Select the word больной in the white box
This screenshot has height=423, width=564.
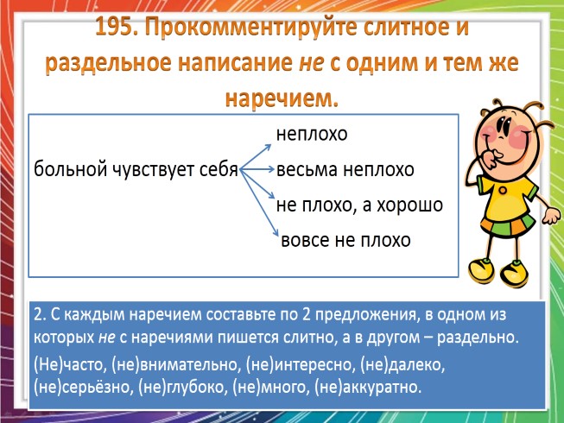point(68,170)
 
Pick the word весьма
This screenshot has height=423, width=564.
point(306,170)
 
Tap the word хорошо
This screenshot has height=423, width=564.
point(410,205)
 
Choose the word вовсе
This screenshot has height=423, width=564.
point(306,239)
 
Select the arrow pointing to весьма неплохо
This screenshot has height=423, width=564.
point(259,170)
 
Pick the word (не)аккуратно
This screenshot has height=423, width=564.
point(367,386)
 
